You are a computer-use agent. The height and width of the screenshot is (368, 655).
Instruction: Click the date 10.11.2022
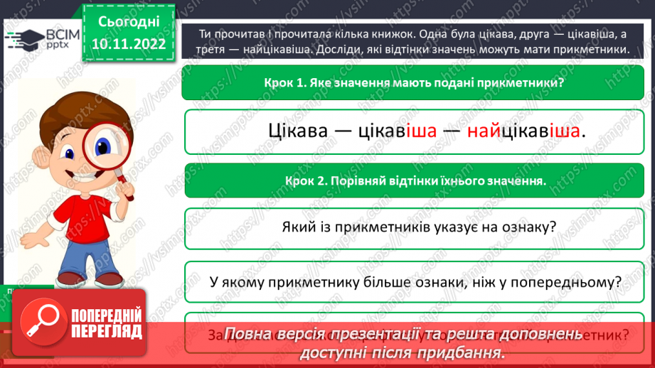(x=128, y=44)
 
